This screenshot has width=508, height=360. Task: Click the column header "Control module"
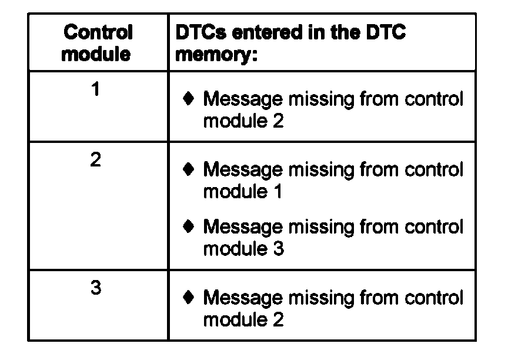[98, 43]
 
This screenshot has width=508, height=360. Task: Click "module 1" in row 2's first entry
[243, 192]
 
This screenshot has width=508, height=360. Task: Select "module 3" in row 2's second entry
[243, 249]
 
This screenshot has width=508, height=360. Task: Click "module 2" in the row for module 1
[243, 121]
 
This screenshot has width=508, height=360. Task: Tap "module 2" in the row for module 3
[243, 320]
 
